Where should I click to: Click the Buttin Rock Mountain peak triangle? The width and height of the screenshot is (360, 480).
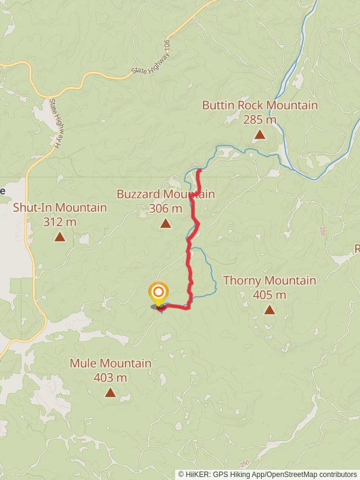click(x=260, y=134)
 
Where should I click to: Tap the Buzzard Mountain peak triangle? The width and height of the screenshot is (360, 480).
click(x=166, y=224)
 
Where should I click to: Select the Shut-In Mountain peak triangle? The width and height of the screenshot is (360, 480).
click(x=60, y=237)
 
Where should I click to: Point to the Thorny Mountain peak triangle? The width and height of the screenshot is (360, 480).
click(x=269, y=310)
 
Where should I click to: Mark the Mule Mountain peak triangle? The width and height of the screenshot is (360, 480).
click(x=110, y=392)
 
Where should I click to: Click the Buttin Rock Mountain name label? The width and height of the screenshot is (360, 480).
click(x=260, y=105)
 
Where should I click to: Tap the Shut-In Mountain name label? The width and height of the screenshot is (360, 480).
click(x=60, y=208)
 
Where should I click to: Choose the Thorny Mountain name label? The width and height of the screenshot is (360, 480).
click(x=269, y=280)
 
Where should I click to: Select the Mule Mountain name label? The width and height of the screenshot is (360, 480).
click(x=110, y=363)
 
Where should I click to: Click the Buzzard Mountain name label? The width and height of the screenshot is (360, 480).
click(x=166, y=194)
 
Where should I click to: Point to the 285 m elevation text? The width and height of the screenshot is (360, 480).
click(x=260, y=119)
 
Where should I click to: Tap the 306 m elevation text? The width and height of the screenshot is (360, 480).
click(x=166, y=209)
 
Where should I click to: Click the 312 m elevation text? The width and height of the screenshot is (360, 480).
click(x=60, y=222)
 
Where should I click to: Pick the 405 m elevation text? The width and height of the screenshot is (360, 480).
click(x=269, y=295)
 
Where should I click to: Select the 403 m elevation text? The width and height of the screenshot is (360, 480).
click(x=110, y=377)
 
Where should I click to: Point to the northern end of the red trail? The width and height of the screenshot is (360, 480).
click(x=199, y=170)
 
